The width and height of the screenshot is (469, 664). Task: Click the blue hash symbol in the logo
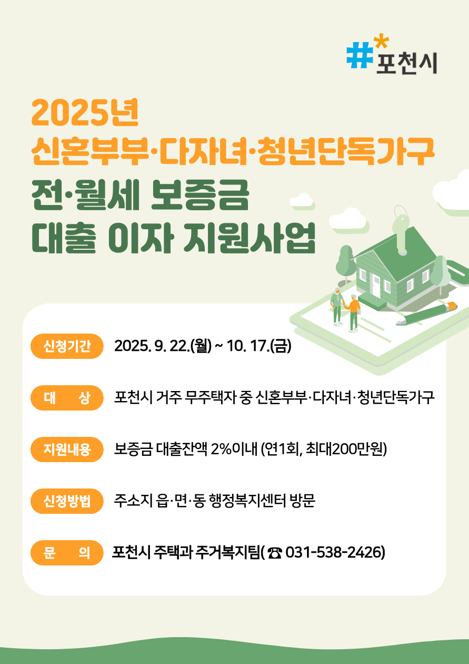tap(360, 55)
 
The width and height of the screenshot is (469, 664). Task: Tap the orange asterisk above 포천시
tap(381, 42)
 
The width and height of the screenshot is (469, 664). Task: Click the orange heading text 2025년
tap(85, 113)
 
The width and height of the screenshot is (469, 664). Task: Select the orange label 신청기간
tap(67, 346)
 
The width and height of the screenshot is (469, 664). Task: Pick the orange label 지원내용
tap(67, 450)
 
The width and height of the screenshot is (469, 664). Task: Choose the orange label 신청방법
tap(67, 501)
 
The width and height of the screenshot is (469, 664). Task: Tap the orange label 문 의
tap(67, 552)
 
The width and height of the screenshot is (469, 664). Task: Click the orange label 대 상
tap(67, 398)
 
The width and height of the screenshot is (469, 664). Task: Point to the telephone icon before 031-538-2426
tap(275, 553)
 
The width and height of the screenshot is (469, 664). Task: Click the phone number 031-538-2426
tap(334, 552)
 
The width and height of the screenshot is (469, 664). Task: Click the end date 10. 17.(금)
tap(259, 346)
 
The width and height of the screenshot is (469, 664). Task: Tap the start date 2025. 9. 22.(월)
tap(163, 346)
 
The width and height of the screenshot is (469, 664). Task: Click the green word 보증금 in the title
tap(199, 196)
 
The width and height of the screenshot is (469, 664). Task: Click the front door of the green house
tap(376, 286)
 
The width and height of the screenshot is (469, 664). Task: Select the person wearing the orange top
tap(353, 313)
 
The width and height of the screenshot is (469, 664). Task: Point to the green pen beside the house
tap(426, 313)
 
